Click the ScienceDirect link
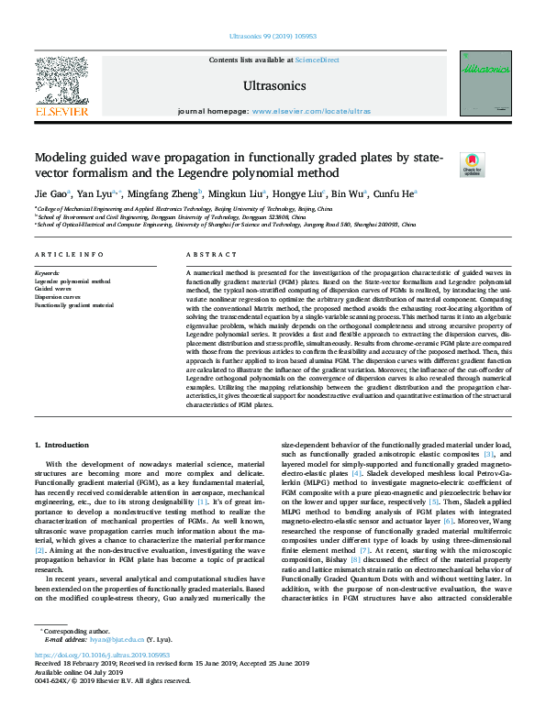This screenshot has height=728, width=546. pos(318,60)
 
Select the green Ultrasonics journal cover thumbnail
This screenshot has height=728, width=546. pos(485,83)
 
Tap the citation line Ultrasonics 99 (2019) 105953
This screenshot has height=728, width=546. pos(272,37)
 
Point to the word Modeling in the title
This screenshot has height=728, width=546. pos(62,158)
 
